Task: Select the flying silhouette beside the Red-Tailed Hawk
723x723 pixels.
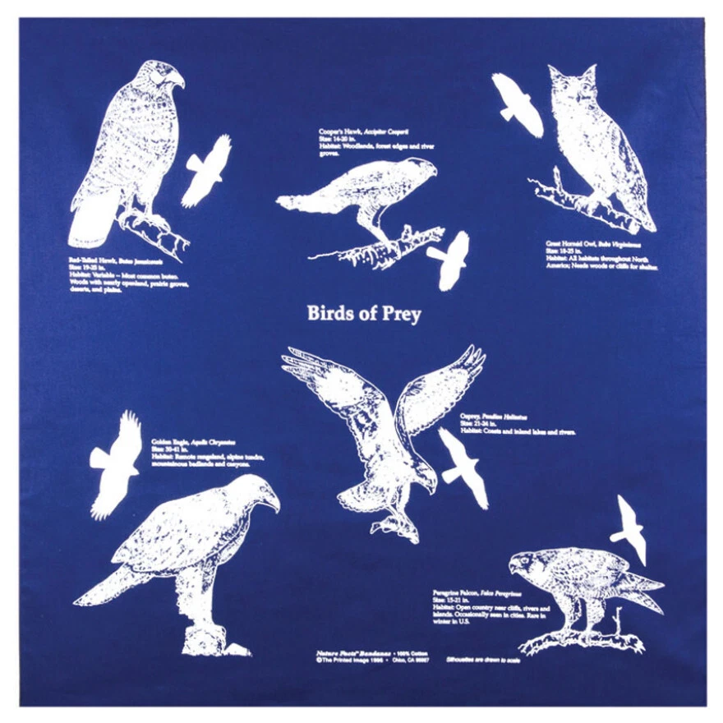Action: coord(205,171)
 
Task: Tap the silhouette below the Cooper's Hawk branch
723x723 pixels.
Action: coord(449,260)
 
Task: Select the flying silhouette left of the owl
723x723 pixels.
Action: coord(517,104)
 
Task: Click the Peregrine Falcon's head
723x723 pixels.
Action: coord(527,563)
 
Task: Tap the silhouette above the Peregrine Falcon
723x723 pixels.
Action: coord(631,528)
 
